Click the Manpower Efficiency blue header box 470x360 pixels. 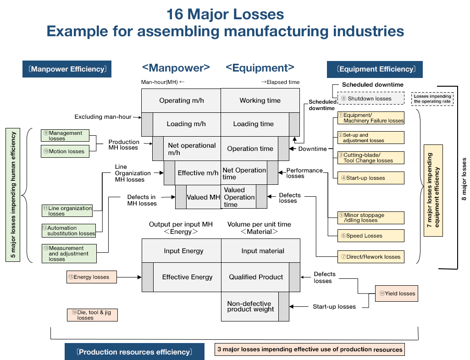coord(67,69)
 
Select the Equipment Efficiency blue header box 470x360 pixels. coord(375,69)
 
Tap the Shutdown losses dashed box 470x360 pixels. coord(371,99)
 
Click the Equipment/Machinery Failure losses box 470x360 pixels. coord(371,118)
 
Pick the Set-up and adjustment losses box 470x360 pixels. coord(371,138)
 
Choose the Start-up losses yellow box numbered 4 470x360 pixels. coord(371,178)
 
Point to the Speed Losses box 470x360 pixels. coord(371,236)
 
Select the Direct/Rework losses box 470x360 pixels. coord(371,257)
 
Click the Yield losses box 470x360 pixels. coord(397,294)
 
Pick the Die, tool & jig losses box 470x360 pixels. coord(92,315)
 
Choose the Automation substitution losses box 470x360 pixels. coord(68,231)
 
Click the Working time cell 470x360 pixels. coord(260,100)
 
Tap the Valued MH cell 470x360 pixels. coord(203,197)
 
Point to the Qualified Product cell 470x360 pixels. coord(256,277)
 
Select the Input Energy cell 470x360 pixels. coord(183,251)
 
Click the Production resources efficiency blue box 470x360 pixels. coord(134,352)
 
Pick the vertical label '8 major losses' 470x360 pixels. coord(464,179)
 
